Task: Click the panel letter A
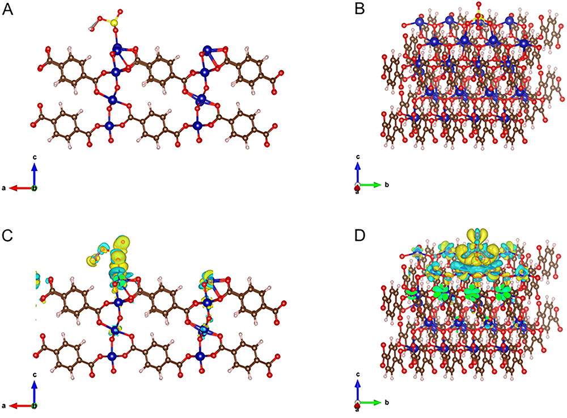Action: (7, 9)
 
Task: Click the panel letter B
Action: (359, 9)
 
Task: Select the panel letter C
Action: (7, 236)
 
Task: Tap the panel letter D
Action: (360, 236)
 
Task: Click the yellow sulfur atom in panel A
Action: (115, 23)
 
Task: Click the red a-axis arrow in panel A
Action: (21, 188)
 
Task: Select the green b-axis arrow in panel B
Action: (370, 185)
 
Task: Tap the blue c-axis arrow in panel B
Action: (358, 173)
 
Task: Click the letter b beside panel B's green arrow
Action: (387, 185)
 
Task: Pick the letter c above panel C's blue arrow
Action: (35, 374)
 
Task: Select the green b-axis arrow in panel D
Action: (370, 403)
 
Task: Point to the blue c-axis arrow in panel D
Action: (358, 391)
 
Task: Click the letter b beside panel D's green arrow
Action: (387, 403)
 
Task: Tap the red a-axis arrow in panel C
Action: (21, 406)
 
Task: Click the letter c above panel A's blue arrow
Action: (35, 157)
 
